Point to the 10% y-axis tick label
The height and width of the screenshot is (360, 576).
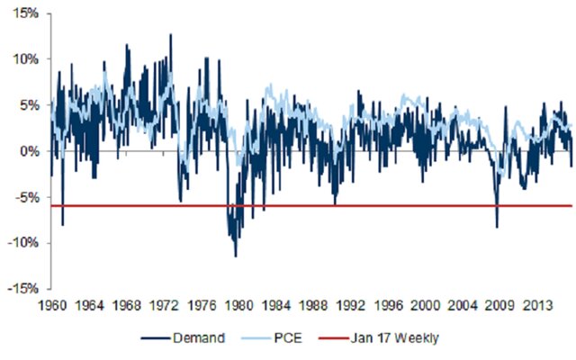coord(26,58)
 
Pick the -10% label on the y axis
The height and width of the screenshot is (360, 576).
coord(24,243)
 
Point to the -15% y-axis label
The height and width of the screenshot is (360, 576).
coord(24,289)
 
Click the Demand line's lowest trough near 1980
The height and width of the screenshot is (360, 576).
coord(236,256)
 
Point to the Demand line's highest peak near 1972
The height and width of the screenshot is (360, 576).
coord(170,34)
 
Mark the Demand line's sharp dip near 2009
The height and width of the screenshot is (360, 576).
coord(497,227)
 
